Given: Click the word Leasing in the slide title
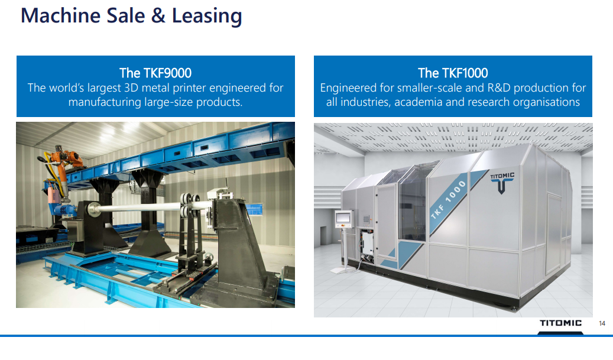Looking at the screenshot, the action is click(x=207, y=17).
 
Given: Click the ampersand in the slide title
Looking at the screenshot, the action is click(x=158, y=15).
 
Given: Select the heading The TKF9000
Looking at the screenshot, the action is click(x=155, y=73).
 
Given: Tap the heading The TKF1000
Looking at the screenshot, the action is click(x=453, y=73).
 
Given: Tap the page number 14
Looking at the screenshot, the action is click(x=602, y=323).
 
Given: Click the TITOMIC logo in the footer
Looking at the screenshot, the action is click(x=560, y=323).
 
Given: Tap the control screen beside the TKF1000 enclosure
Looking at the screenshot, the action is click(x=343, y=218).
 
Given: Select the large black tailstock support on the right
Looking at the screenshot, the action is click(x=238, y=250).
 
